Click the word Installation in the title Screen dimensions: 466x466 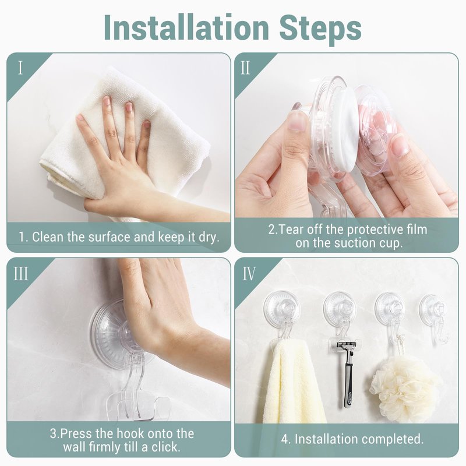[186, 27]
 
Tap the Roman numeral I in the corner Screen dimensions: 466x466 [20, 68]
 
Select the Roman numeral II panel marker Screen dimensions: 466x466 [245, 68]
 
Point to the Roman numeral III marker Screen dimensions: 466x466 [21, 274]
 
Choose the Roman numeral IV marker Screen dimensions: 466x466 [249, 274]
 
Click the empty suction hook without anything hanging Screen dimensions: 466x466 [434, 318]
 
